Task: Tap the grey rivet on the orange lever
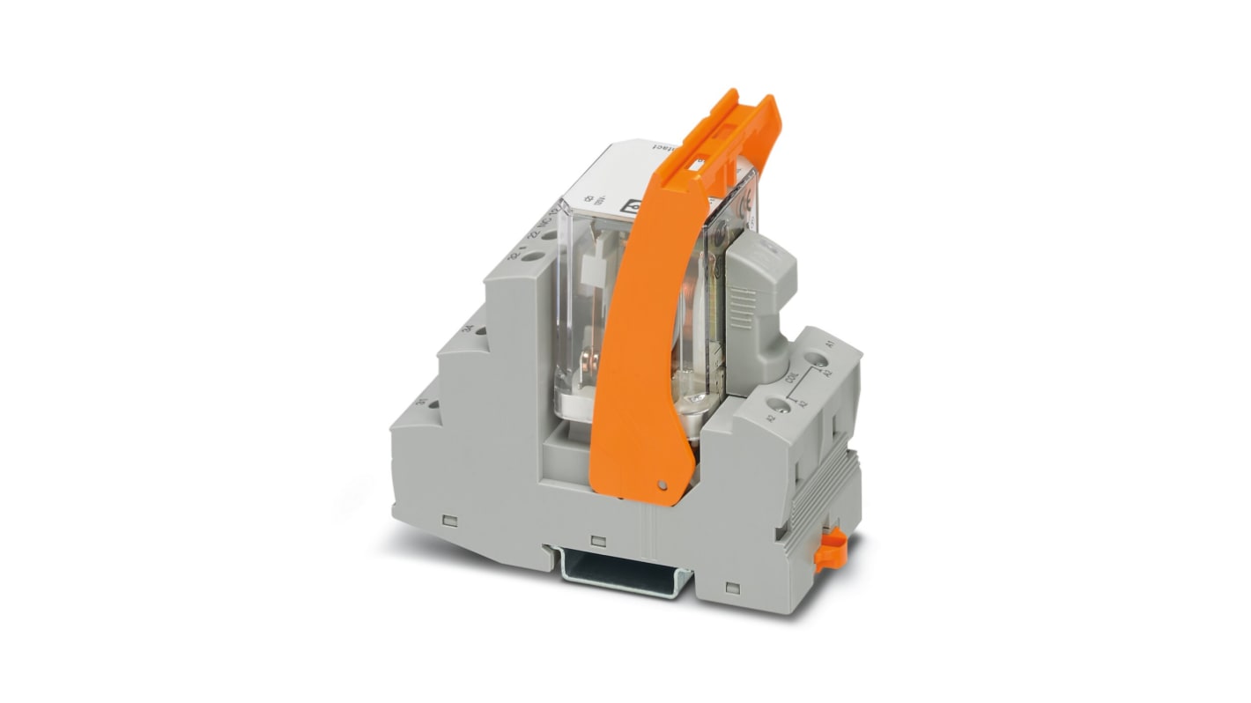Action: click(x=661, y=483)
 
